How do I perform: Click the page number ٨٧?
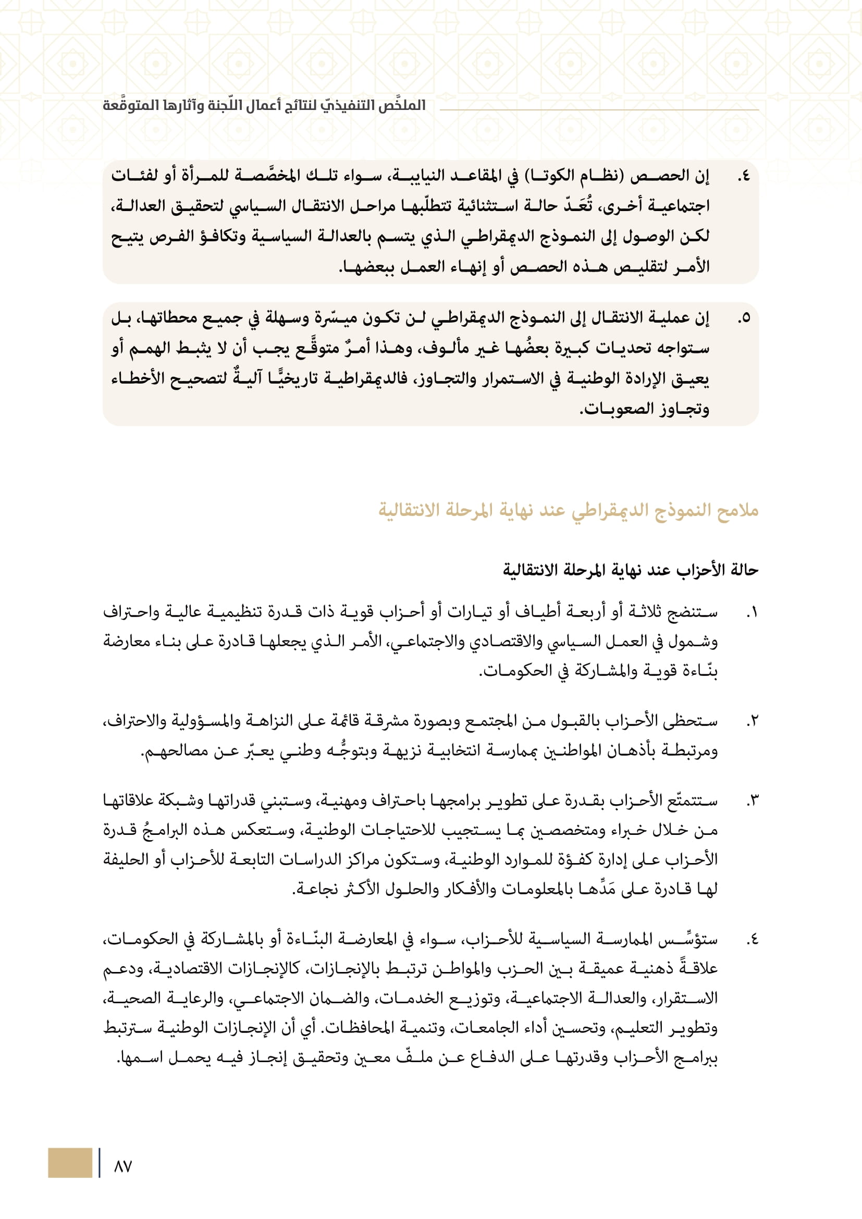(122, 1166)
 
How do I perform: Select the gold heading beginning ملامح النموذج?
(568, 510)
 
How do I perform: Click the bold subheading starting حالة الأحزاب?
(631, 570)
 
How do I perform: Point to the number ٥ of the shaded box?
(745, 318)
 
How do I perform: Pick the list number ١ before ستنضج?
(752, 613)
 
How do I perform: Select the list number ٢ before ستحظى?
(752, 721)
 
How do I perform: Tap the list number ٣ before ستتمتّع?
(752, 801)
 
